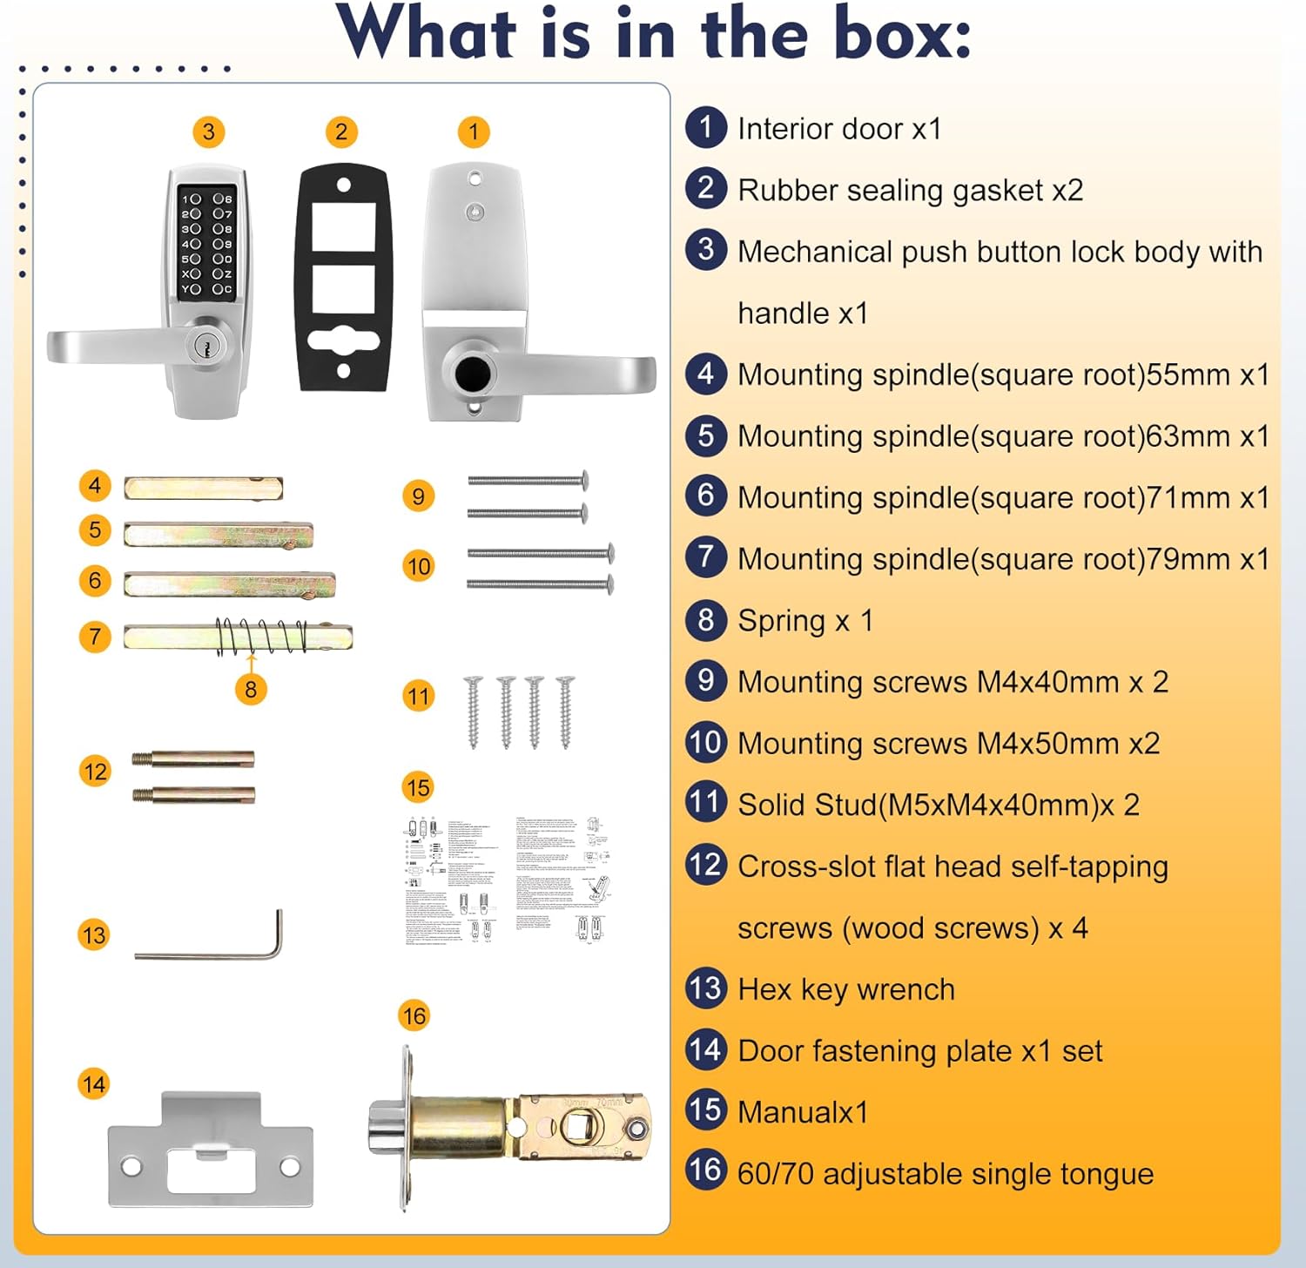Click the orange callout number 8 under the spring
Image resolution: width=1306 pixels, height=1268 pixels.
[x=251, y=690]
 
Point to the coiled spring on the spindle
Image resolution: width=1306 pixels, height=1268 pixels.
[x=261, y=637]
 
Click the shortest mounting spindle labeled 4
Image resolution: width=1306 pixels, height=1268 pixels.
[x=203, y=488]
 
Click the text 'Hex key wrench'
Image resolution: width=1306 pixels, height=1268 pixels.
[x=845, y=990]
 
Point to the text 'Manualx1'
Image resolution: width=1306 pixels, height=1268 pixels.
[x=802, y=1113]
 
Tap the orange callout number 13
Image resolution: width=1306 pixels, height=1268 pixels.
[x=94, y=935]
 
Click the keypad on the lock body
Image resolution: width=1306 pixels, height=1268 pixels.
[x=207, y=241]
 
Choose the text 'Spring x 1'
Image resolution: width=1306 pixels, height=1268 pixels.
[x=804, y=621]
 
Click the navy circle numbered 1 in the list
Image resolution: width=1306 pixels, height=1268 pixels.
[x=706, y=127]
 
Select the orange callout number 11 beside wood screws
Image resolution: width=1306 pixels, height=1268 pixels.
[x=419, y=696]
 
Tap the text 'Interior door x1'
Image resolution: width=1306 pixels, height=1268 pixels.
[x=839, y=129]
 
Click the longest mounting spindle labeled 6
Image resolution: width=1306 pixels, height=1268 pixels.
[x=229, y=584]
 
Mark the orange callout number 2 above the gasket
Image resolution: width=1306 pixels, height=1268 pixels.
[x=341, y=132]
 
